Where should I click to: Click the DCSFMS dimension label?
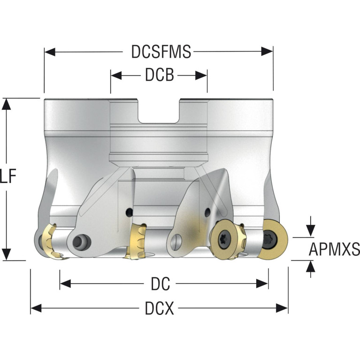click(161, 52)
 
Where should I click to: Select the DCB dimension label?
click(159, 75)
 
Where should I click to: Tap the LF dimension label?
click(8, 176)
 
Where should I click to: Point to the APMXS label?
click(334, 249)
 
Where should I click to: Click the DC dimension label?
click(160, 284)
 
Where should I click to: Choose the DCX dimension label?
click(159, 308)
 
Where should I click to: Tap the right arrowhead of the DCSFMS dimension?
click(267, 52)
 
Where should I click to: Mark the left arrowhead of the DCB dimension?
click(116, 75)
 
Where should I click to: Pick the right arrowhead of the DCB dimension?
click(201, 75)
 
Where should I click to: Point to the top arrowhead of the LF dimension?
click(7, 104)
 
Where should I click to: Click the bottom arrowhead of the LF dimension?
click(7, 254)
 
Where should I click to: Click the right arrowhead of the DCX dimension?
click(282, 308)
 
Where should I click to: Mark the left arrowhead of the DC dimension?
click(65, 284)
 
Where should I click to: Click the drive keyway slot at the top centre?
click(159, 111)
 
